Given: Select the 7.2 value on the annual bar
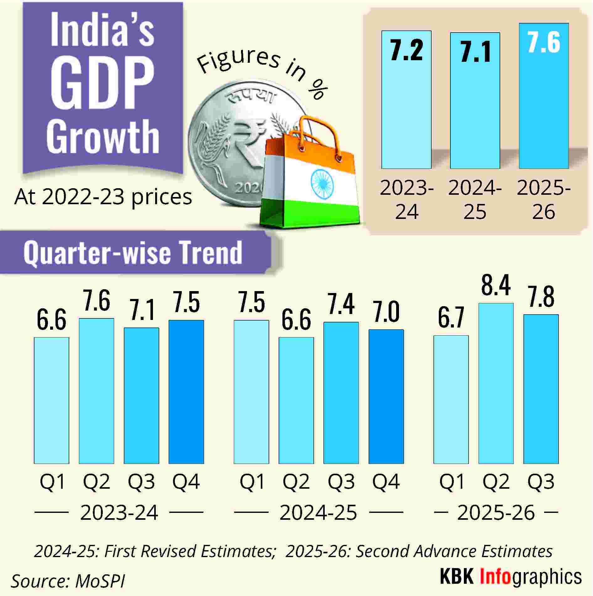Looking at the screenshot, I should pyautogui.click(x=407, y=50).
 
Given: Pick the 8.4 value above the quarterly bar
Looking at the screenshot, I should pyautogui.click(x=496, y=285).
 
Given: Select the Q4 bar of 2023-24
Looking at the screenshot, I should pyautogui.click(x=186, y=392).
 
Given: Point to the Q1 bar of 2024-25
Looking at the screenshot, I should pyautogui.click(x=251, y=392).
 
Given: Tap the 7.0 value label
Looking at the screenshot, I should pyautogui.click(x=386, y=312).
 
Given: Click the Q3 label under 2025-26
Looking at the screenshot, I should pyautogui.click(x=541, y=482).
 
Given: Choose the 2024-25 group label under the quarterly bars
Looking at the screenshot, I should pyautogui.click(x=318, y=513).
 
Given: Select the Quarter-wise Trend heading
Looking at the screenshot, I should pyautogui.click(x=133, y=253).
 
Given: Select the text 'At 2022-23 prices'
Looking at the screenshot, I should pyautogui.click(x=103, y=197).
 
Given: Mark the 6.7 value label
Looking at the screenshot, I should pyautogui.click(x=451, y=318).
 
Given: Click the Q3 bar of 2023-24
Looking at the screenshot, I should pyautogui.click(x=141, y=396).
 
